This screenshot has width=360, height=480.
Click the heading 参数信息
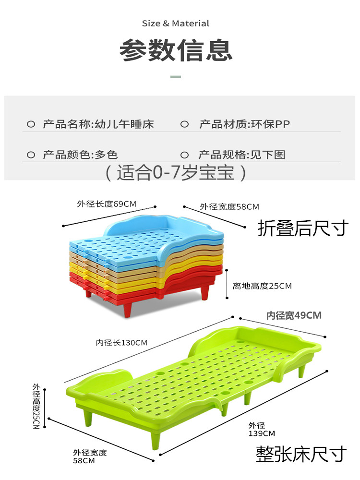[176, 50]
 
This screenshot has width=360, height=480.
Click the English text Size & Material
[176, 23]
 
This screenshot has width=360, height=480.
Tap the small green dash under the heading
[176, 76]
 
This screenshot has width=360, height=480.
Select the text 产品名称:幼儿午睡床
[98, 124]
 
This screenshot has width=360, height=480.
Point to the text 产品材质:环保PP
[244, 124]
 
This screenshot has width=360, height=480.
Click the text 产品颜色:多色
[80, 155]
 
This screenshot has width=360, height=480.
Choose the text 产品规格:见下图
[242, 155]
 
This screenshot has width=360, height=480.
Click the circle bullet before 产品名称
[31, 125]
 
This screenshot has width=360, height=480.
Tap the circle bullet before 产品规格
[184, 155]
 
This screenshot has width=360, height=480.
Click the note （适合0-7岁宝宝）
[176, 172]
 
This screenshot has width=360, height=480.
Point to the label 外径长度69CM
[107, 204]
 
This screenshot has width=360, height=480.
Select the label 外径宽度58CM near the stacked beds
[229, 207]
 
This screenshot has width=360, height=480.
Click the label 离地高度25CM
[262, 286]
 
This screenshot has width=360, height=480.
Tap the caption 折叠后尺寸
[302, 228]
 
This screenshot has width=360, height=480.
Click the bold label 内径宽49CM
[294, 315]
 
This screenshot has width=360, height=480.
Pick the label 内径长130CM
[121, 343]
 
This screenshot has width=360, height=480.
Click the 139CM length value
[262, 433]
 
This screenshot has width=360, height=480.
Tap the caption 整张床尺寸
[301, 453]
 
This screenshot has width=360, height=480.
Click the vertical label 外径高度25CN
[36, 406]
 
